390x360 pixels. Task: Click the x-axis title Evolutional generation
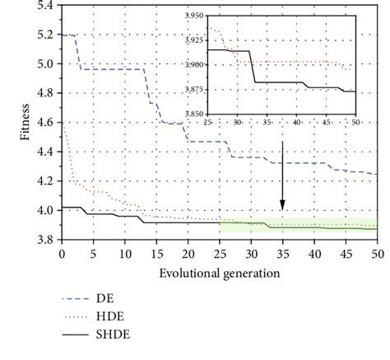coord(220,272)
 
